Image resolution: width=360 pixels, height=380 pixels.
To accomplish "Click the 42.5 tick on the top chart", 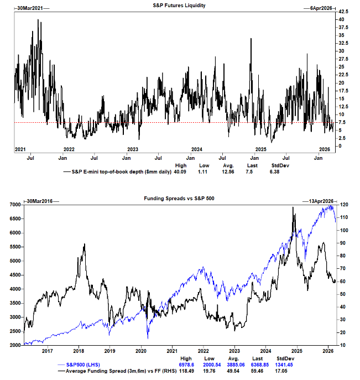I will [x=343, y=11].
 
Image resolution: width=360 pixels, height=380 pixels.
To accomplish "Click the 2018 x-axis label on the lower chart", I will [x=79, y=350].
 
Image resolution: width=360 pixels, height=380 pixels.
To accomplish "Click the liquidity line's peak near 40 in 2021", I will [x=38, y=20].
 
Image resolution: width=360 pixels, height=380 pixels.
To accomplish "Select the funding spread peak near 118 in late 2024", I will [x=293, y=207].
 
